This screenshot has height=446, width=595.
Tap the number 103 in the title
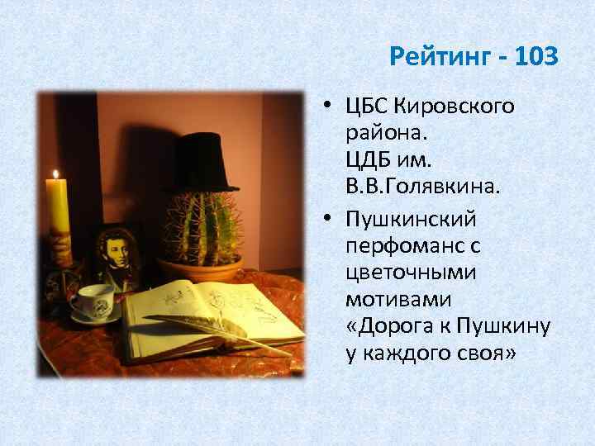pyautogui.click(x=535, y=59)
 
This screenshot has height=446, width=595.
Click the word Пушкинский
pyautogui.click(x=412, y=221)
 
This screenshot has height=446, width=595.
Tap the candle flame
pyautogui.click(x=56, y=174)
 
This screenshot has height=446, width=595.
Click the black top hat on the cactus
pyautogui.click(x=202, y=162)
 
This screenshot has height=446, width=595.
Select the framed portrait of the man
pyautogui.click(x=116, y=255)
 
